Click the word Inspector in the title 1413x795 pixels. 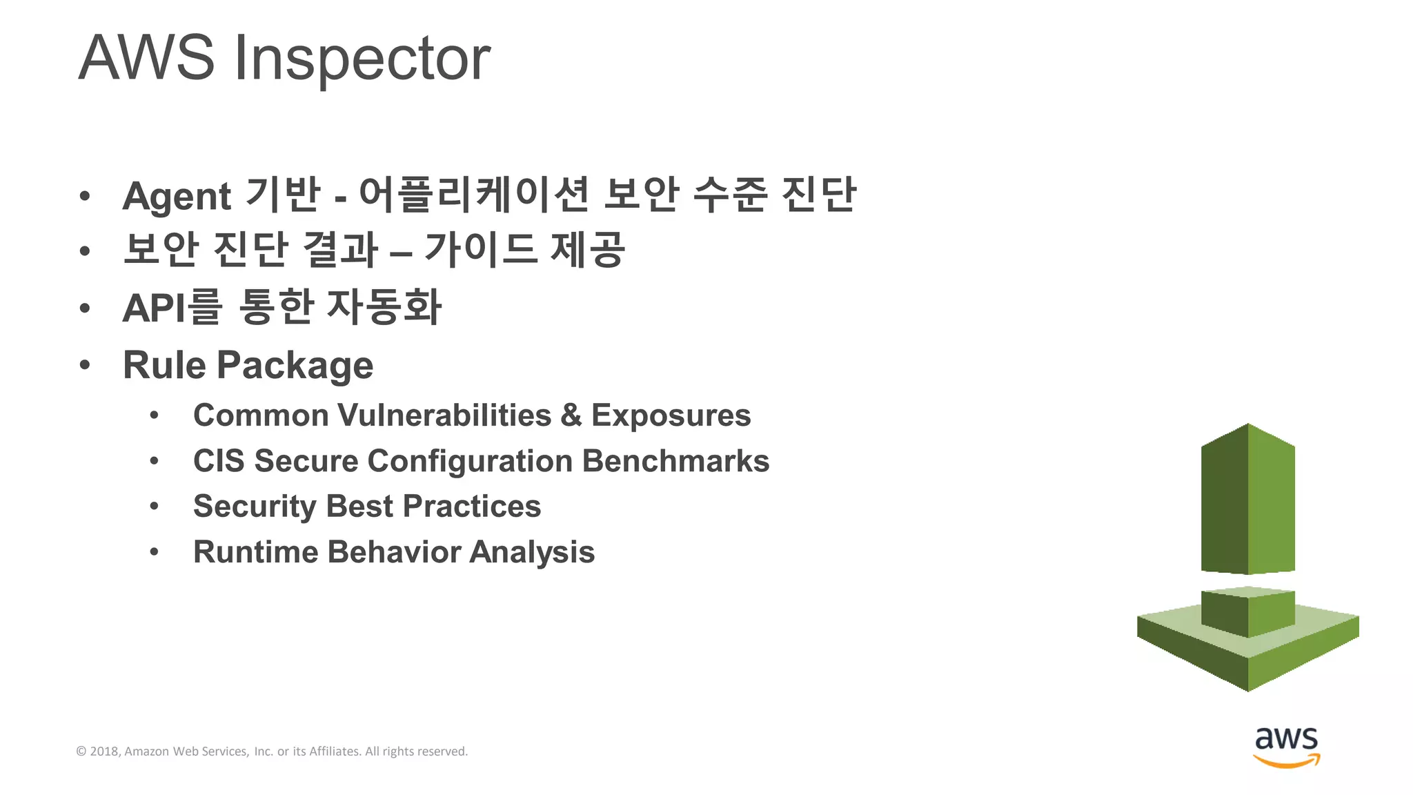[x=362, y=59]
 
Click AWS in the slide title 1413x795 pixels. [x=146, y=58]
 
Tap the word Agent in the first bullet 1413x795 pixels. [x=177, y=197]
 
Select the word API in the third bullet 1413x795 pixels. [x=154, y=308]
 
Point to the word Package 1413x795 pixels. [x=295, y=366]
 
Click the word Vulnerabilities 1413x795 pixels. [x=445, y=415]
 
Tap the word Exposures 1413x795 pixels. [x=671, y=416]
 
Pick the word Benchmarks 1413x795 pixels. [x=675, y=461]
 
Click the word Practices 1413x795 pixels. [x=472, y=507]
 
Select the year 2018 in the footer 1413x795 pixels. [x=105, y=752]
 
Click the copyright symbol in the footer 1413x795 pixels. [x=81, y=752]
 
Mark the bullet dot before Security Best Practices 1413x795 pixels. [x=154, y=507]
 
